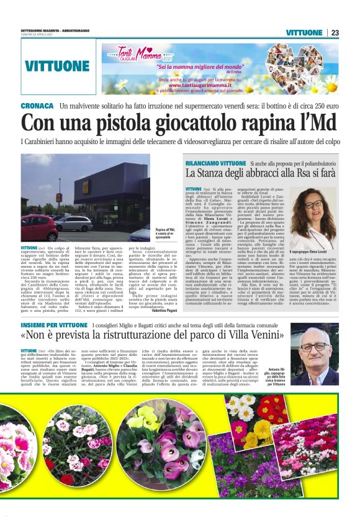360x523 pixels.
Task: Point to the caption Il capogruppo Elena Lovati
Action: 315,250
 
